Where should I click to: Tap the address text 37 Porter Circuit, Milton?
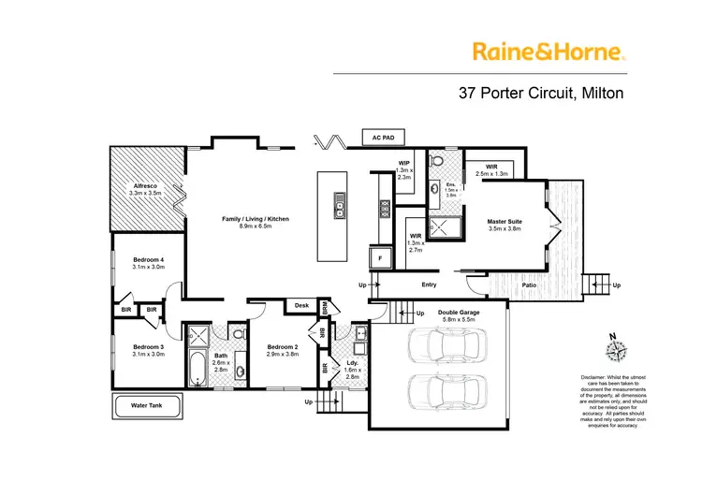click(540, 94)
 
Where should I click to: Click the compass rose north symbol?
click(614, 348)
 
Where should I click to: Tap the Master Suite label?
click(505, 222)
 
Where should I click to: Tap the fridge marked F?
click(381, 257)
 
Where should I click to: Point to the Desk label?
click(301, 305)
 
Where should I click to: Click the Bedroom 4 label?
click(148, 259)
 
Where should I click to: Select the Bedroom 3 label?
click(148, 346)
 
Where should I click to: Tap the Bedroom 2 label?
click(282, 346)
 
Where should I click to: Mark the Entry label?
click(429, 284)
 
